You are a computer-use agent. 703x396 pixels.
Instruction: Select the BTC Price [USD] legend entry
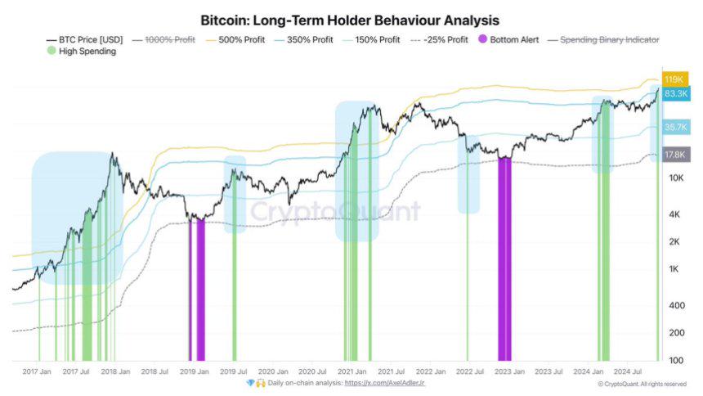point(85,39)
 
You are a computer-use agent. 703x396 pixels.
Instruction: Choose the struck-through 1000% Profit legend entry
point(168,39)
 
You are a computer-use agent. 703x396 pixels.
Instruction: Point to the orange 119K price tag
point(674,79)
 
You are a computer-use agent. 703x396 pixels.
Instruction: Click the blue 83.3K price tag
point(674,94)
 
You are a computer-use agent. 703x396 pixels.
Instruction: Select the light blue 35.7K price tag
point(674,127)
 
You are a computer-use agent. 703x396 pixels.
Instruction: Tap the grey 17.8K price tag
point(674,153)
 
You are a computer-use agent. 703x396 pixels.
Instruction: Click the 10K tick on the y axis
point(675,178)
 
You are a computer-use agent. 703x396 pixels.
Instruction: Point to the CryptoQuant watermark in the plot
point(335,212)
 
